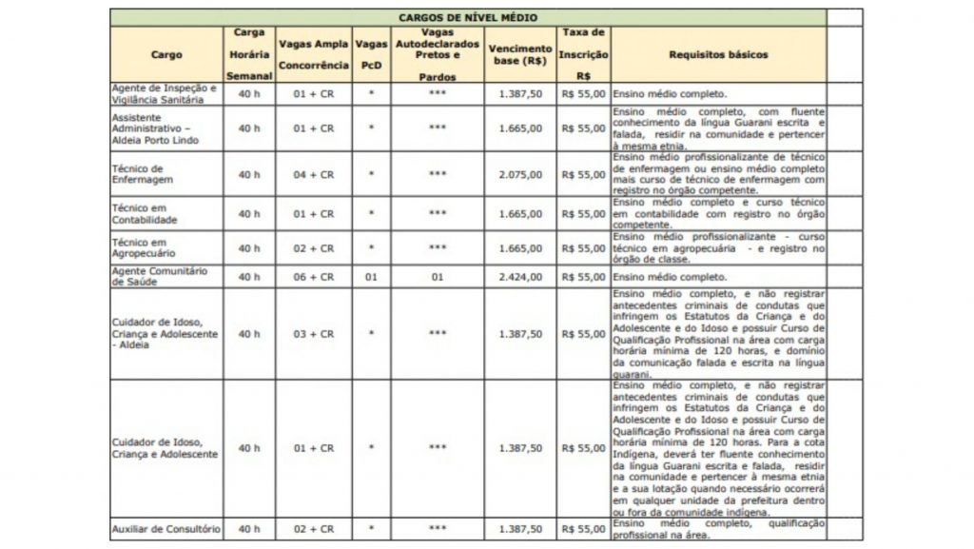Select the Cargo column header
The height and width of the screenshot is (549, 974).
tap(166, 55)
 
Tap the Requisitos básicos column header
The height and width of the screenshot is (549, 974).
tap(718, 55)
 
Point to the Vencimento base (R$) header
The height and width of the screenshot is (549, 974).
tap(519, 55)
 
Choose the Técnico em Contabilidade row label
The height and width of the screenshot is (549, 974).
tap(146, 213)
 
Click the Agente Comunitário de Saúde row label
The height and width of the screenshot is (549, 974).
tap(158, 276)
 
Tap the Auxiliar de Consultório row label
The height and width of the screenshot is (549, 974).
tap(166, 528)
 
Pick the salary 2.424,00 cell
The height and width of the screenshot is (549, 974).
tap(520, 277)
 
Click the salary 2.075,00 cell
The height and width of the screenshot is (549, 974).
tap(520, 175)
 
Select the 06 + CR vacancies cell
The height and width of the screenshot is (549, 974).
tap(313, 277)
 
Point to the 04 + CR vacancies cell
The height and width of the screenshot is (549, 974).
tap(313, 175)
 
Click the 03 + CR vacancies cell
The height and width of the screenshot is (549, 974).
tap(313, 334)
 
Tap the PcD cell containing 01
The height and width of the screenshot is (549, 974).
tap(371, 277)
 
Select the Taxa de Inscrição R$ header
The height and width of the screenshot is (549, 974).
tap(584, 55)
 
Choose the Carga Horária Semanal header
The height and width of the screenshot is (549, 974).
tap(249, 55)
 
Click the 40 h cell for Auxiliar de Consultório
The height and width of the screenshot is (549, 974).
tap(249, 528)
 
